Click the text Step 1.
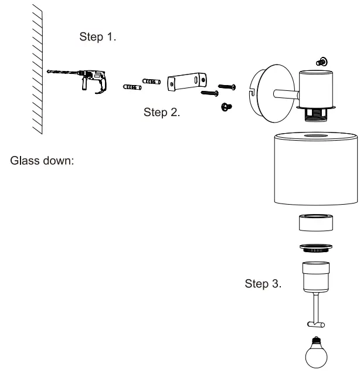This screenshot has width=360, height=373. (98, 37)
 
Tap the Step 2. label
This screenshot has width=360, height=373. (162, 113)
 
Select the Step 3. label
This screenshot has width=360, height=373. (263, 284)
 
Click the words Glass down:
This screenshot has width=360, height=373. (41, 161)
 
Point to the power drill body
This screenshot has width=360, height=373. (94, 79)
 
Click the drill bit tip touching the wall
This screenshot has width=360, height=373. (48, 71)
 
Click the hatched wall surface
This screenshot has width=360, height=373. (36, 70)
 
